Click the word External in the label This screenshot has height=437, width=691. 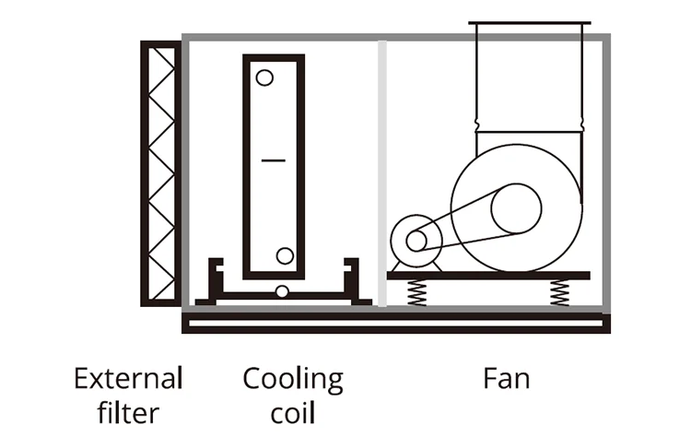128,378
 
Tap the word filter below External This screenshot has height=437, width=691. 128,413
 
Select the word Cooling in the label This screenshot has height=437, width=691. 293,380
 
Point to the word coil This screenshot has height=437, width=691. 293,413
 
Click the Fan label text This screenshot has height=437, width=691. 507,378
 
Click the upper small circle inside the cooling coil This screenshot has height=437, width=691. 264,77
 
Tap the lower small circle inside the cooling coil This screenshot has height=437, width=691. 285,255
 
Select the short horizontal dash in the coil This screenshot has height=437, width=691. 274,160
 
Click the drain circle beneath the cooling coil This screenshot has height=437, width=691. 282,291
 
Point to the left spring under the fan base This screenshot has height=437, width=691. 416,292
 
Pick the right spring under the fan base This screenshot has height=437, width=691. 559,292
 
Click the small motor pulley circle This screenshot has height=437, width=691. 416,241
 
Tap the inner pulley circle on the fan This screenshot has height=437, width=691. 516,208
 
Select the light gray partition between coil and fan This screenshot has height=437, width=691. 382,172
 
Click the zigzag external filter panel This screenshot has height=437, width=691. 161,173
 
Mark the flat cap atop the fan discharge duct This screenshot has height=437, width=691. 529,22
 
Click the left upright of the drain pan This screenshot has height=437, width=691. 215,278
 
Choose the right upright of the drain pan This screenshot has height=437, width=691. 352,278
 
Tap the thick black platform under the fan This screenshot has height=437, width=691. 488,276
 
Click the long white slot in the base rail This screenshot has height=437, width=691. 395,324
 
